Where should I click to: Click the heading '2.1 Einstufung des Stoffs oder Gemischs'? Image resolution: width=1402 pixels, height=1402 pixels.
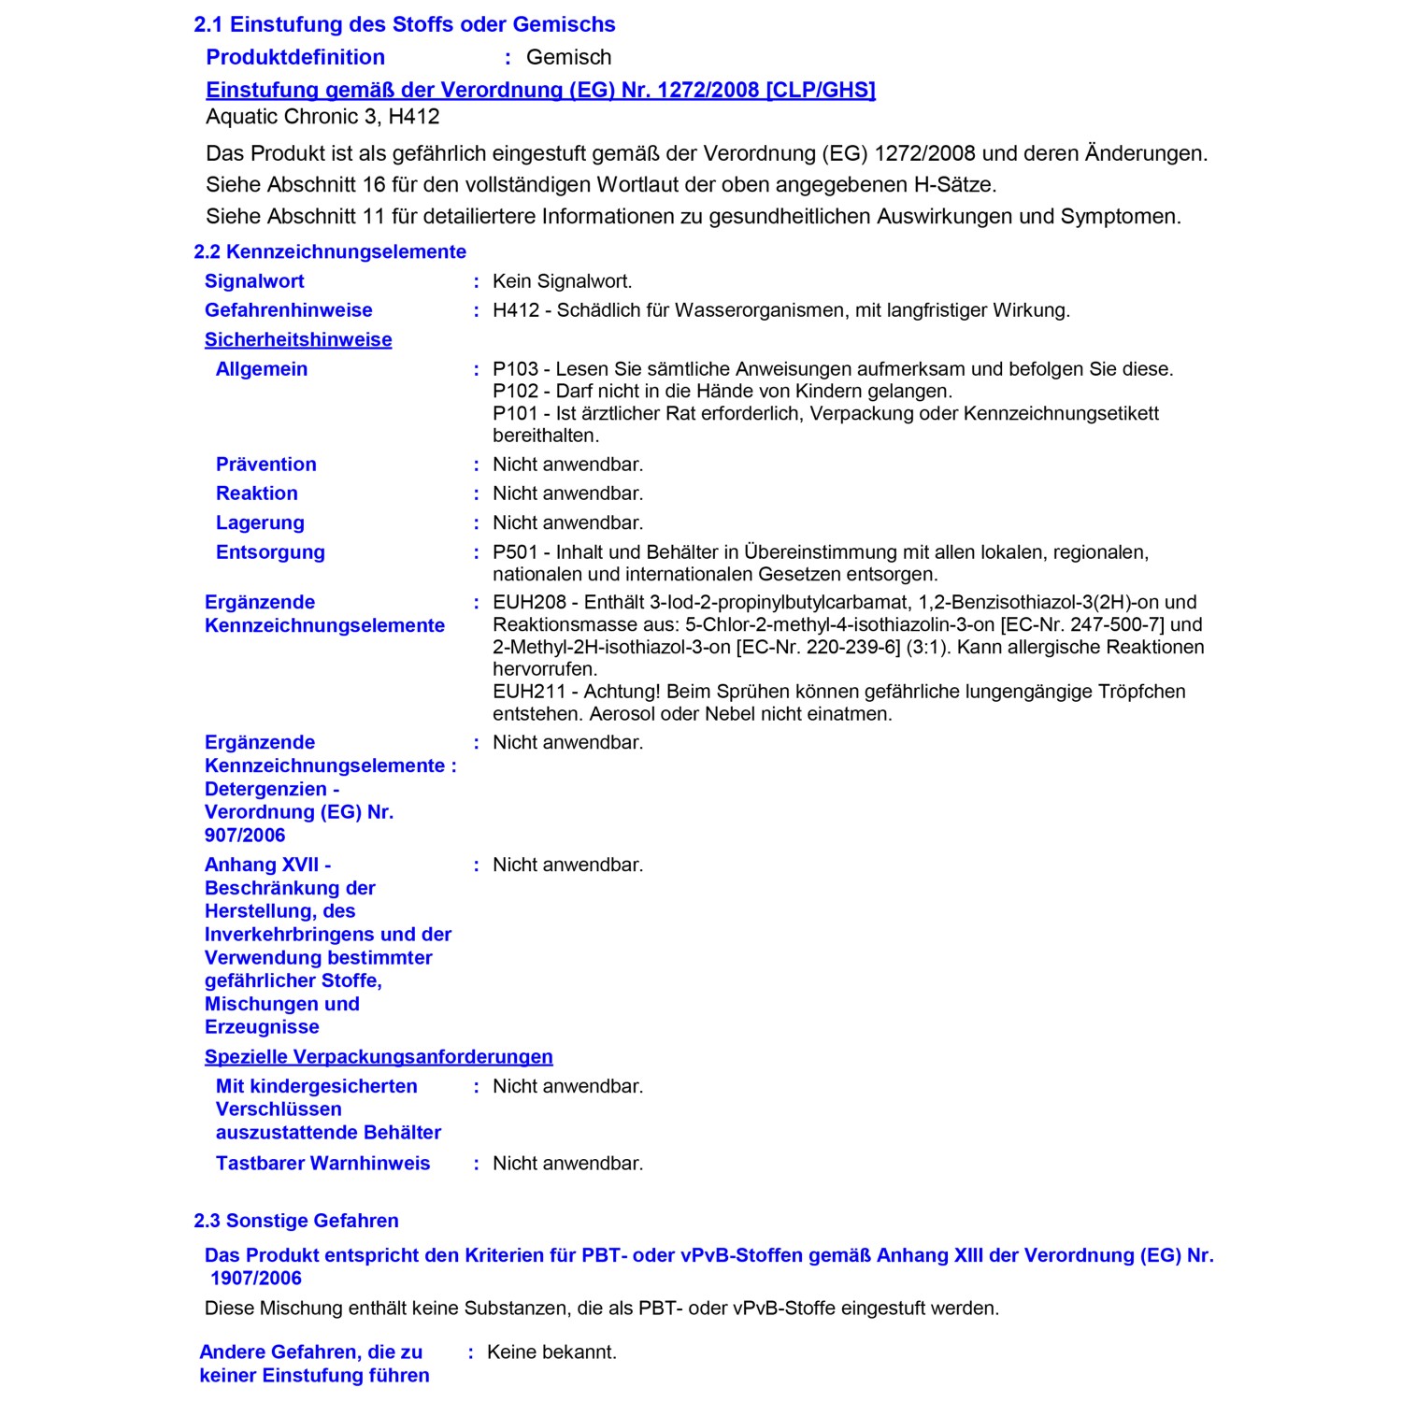(x=404, y=24)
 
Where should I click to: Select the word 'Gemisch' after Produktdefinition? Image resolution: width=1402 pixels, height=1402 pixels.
(x=568, y=57)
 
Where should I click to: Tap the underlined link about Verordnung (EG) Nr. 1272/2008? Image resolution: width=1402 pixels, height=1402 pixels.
(x=540, y=90)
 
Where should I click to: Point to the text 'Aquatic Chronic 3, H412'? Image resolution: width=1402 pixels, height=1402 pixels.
(x=322, y=117)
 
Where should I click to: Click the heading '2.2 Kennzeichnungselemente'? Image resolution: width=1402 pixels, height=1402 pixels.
(x=329, y=251)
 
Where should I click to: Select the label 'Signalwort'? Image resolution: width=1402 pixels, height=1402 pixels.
(x=254, y=281)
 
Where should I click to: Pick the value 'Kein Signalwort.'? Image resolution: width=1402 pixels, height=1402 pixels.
(x=562, y=281)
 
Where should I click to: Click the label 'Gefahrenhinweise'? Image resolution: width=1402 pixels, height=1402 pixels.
(x=288, y=310)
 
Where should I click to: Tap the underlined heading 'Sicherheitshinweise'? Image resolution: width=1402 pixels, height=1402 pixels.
(x=298, y=340)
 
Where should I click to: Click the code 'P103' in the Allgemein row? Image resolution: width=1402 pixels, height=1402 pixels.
(x=515, y=369)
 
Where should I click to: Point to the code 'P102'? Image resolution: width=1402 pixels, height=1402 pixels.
(x=515, y=392)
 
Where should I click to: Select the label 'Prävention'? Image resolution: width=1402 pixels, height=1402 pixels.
(x=265, y=465)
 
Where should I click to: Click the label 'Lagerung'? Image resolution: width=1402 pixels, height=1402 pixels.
(x=260, y=523)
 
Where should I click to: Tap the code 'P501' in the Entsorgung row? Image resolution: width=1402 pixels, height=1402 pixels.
(x=515, y=552)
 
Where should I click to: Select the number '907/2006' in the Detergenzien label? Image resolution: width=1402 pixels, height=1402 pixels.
(x=245, y=836)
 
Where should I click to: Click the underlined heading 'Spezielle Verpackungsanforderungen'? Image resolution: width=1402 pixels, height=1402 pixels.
(x=379, y=1057)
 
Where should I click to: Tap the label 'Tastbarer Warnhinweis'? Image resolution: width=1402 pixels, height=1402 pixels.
(x=322, y=1164)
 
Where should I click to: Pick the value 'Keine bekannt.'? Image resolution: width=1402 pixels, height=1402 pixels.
(x=551, y=1352)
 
